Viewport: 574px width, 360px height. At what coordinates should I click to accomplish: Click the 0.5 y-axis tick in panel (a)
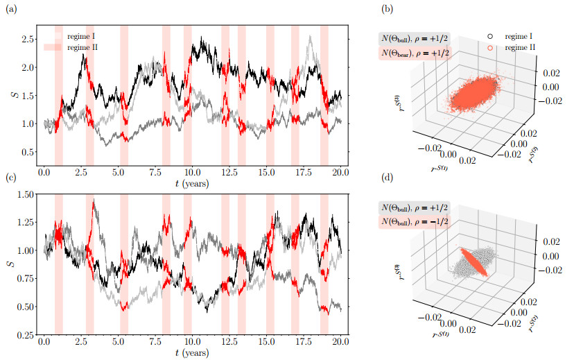[28, 152]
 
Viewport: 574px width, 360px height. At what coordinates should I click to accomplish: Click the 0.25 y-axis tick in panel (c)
[26, 335]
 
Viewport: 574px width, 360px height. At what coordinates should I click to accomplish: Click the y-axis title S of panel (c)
[10, 266]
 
